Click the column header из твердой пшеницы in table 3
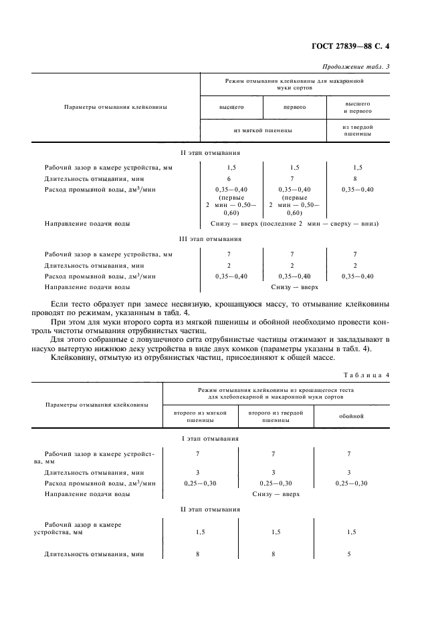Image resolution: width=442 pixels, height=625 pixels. pyautogui.click(x=357, y=130)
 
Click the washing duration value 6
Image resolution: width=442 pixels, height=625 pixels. pyautogui.click(x=228, y=179)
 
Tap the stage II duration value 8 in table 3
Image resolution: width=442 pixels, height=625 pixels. pyautogui.click(x=355, y=179)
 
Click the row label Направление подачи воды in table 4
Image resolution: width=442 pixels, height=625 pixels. pyautogui.click(x=87, y=494)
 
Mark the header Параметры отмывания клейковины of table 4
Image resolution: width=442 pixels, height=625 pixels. pyautogui.click(x=96, y=404)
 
